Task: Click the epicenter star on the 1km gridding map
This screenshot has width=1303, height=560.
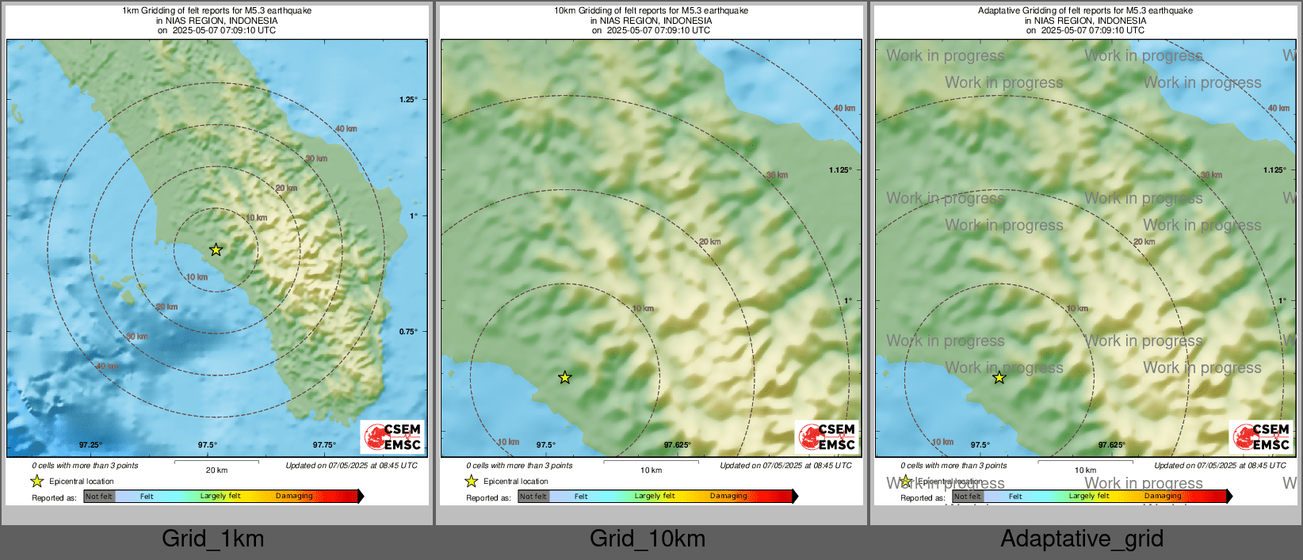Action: (216, 250)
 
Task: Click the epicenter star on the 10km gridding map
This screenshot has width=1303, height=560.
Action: (564, 378)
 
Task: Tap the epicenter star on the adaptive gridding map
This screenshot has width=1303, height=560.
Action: (999, 378)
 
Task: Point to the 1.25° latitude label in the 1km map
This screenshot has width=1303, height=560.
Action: (408, 100)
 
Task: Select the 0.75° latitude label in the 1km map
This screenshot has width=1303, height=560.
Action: (408, 332)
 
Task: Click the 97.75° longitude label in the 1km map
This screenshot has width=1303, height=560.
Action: (324, 445)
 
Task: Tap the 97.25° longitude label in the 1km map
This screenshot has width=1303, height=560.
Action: (90, 445)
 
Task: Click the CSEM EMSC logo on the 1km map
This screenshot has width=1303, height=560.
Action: (392, 436)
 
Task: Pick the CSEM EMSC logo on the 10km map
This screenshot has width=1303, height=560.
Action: (827, 436)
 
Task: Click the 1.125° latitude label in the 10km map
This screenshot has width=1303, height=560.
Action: (840, 170)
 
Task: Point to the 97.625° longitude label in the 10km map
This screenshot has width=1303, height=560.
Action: (678, 445)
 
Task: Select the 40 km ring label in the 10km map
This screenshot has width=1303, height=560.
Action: (844, 109)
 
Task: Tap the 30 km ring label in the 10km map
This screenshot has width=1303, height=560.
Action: (777, 175)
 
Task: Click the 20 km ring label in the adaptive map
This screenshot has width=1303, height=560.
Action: (1144, 242)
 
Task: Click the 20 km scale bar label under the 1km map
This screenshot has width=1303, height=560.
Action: (216, 470)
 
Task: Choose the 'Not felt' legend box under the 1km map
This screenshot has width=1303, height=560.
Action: (99, 497)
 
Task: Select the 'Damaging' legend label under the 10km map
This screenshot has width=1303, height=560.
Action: (728, 497)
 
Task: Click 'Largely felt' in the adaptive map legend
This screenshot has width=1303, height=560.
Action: (1089, 497)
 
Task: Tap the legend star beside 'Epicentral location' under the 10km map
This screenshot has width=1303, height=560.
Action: (472, 481)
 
